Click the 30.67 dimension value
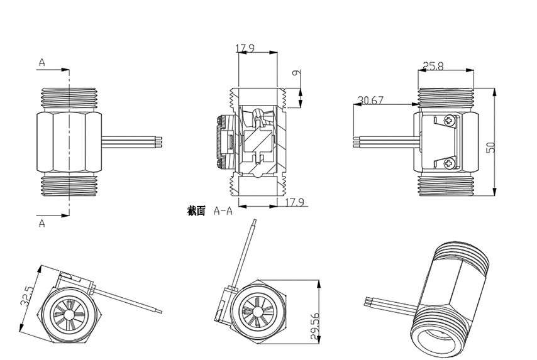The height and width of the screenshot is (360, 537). tap(370, 101)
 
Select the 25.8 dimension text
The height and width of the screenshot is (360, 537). tap(433, 66)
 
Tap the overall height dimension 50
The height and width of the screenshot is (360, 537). tap(490, 147)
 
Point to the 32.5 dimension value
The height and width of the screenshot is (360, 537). tap(27, 295)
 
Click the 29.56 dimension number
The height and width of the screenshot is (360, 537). tap(315, 326)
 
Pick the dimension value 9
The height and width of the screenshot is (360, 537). tap(297, 72)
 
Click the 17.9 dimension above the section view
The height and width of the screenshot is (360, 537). tap(245, 48)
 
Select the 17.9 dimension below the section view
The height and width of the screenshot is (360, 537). tap(295, 202)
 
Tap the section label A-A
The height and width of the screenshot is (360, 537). tap(223, 211)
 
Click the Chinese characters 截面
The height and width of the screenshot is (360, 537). tap(196, 211)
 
